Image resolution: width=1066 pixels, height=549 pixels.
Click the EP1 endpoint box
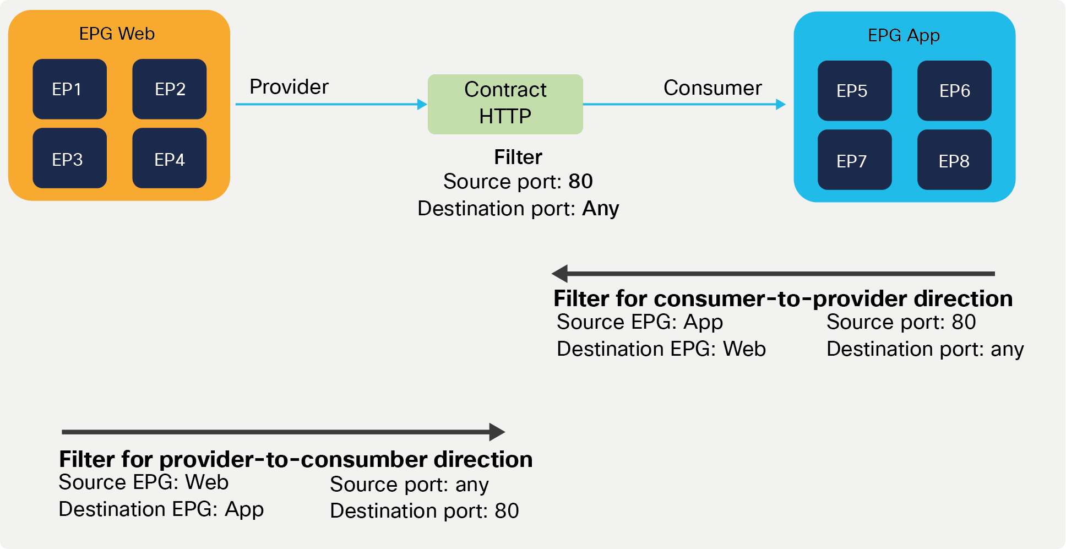click(x=69, y=89)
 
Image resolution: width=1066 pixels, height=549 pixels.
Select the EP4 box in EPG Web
click(x=169, y=159)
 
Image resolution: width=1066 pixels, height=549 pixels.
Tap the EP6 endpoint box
click(x=954, y=91)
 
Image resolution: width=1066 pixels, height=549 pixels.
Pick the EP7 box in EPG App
click(x=854, y=160)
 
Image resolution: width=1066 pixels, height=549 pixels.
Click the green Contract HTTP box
click(x=505, y=104)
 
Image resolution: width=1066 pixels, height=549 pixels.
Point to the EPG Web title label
click(x=117, y=34)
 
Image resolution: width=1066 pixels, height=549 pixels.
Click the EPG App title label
click(x=904, y=35)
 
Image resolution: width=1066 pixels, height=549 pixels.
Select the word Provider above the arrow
click(x=289, y=87)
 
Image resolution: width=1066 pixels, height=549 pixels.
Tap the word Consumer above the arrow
click(x=712, y=88)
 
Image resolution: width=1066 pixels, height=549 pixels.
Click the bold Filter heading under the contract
click(x=518, y=157)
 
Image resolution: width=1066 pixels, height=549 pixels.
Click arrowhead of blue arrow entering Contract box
click(x=422, y=104)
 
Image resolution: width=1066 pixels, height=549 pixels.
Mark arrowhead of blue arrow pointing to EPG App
click(x=780, y=104)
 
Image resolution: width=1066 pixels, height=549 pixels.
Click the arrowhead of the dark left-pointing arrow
click(x=560, y=274)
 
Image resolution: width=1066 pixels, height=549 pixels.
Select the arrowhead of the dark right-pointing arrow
click(x=497, y=432)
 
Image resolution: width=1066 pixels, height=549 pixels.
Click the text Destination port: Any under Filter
click(x=518, y=209)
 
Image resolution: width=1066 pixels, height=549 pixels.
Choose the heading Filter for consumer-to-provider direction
click(x=782, y=298)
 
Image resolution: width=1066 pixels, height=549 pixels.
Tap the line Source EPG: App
click(x=639, y=322)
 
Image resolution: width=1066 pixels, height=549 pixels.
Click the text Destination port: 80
click(x=424, y=511)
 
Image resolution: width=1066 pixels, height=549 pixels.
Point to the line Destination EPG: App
click(x=161, y=509)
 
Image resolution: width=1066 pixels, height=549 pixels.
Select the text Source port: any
click(x=409, y=485)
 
